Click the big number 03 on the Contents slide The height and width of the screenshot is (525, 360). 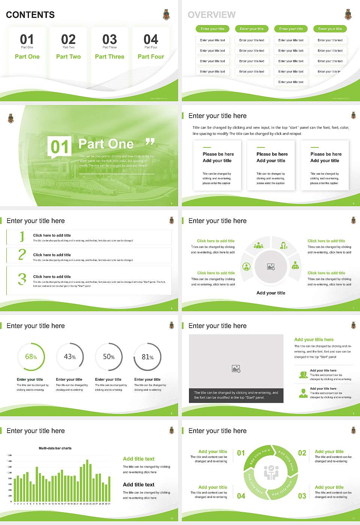(x=109, y=39)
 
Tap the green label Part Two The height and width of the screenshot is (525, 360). (x=68, y=57)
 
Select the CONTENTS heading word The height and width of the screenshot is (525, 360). (x=30, y=15)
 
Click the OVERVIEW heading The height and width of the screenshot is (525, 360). (x=211, y=15)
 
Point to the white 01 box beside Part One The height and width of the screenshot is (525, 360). (x=60, y=147)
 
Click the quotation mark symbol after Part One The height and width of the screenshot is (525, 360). (x=150, y=142)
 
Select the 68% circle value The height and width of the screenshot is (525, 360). (x=31, y=357)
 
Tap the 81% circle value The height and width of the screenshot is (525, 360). (x=147, y=357)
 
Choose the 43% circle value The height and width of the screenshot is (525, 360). (x=70, y=357)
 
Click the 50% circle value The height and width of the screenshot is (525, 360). (x=109, y=357)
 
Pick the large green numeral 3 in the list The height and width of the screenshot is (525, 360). (x=22, y=279)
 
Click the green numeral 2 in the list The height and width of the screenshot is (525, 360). (x=22, y=255)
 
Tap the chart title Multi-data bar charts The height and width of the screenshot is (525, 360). (x=55, y=448)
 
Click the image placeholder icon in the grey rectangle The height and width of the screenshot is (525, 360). (x=236, y=369)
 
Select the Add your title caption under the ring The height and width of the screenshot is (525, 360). (x=271, y=293)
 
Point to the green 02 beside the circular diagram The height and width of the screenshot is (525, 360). (x=302, y=453)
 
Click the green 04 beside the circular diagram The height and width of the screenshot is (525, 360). (x=241, y=496)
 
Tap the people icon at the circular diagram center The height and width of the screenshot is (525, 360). (x=271, y=472)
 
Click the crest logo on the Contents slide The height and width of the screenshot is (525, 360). (x=166, y=15)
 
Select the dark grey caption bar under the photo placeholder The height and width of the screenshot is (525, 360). (x=236, y=395)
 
